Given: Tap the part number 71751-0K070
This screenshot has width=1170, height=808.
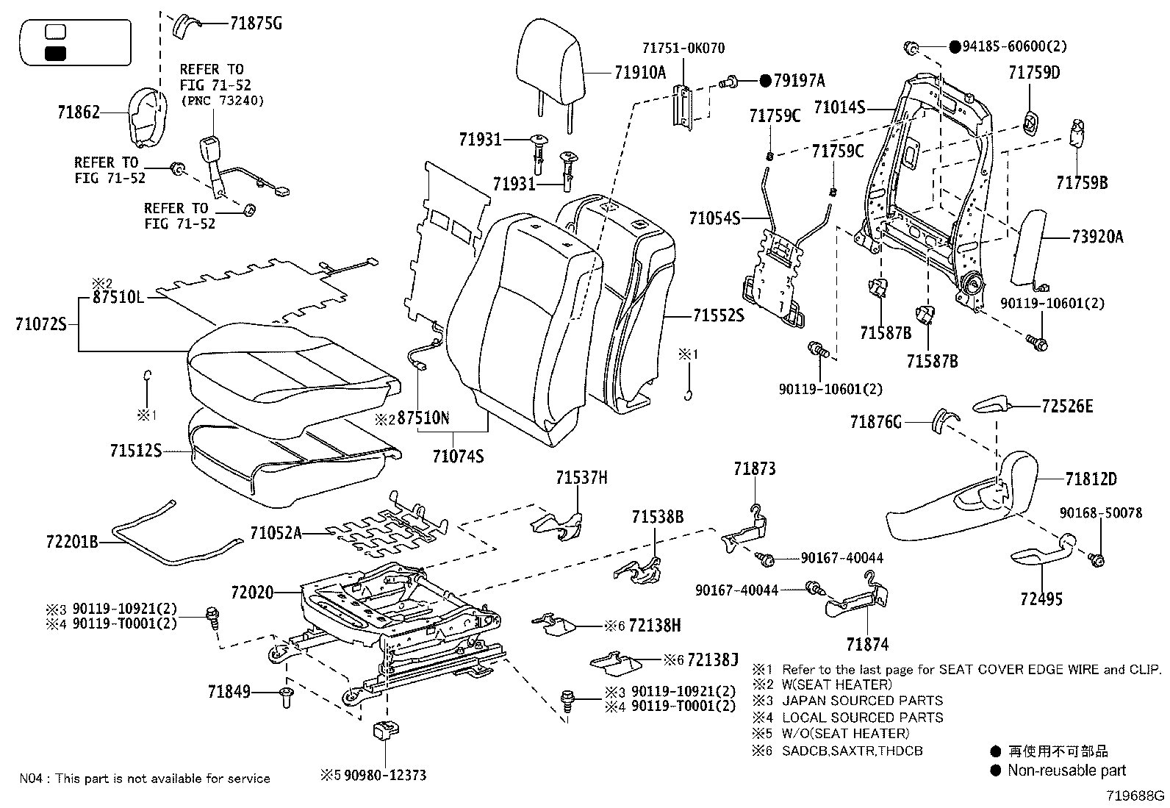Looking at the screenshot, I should coord(683,49).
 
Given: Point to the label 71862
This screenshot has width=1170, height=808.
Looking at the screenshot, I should coord(78,113).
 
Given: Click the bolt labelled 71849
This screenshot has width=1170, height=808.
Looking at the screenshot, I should coord(287,698).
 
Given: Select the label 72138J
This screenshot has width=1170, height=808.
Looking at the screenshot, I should coord(713,659).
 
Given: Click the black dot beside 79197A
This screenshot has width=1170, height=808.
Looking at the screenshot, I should coord(765,81).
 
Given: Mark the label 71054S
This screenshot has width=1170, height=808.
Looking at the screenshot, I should coord(714,218).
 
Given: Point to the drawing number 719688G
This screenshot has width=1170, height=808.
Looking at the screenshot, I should coord(1136,796).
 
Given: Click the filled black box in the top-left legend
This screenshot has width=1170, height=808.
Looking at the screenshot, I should coord(56,53).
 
